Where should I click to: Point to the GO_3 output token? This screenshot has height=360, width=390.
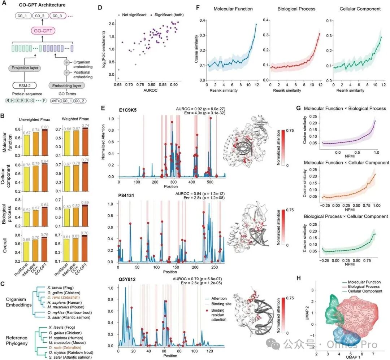pyautogui.click(x=58, y=16)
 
